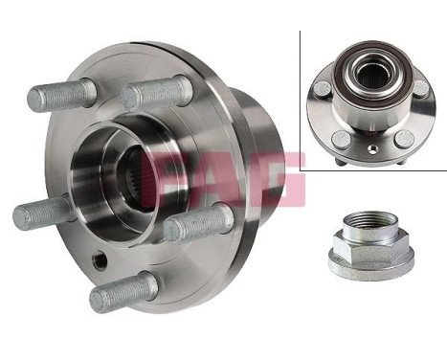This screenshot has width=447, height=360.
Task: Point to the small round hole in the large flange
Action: click(100, 260)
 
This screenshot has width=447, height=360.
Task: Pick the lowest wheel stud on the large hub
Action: click(123, 291)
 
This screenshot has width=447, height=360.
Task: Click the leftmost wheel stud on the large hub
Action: click(43, 212)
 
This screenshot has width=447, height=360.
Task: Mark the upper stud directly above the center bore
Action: click(159, 92)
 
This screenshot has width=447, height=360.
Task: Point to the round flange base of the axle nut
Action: click(368, 269)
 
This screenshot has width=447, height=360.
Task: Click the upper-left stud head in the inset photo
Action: click(321, 89)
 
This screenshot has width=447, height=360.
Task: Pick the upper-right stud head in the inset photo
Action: click(420, 88)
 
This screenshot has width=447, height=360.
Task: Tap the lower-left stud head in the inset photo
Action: click(342, 140)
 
